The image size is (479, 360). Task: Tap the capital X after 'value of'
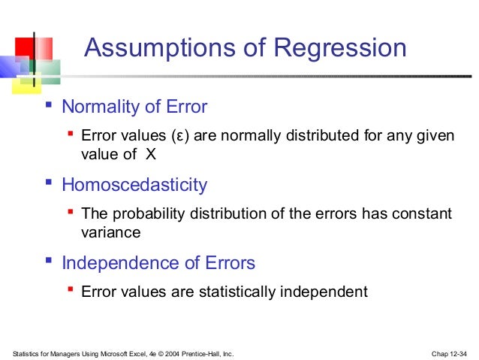150,155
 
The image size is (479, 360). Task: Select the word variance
110,233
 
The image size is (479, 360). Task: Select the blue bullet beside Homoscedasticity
49,183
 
